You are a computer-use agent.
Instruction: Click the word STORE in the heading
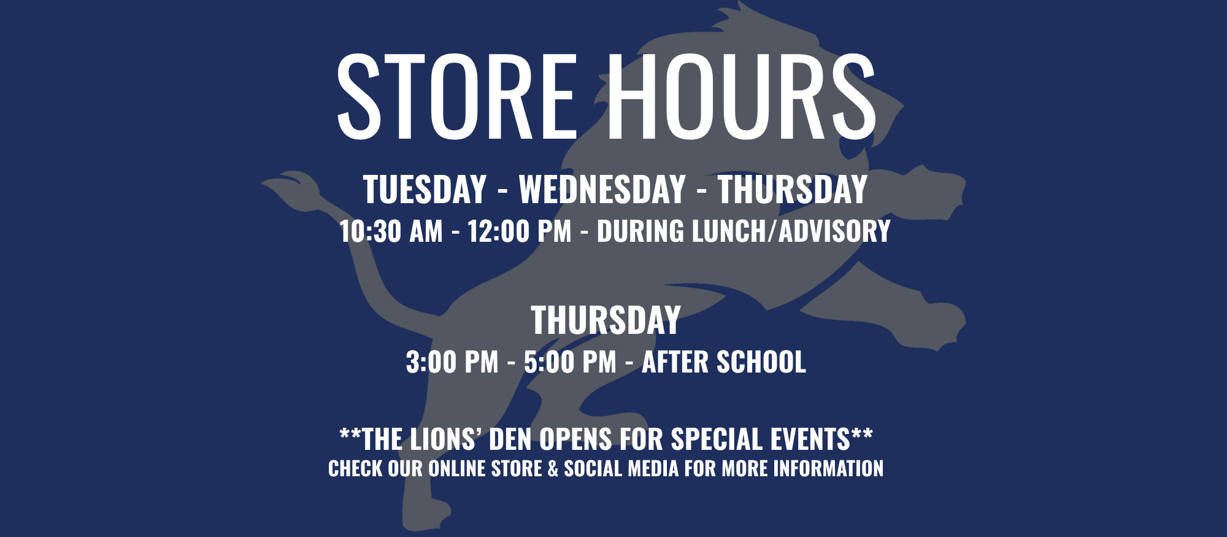tap(457, 96)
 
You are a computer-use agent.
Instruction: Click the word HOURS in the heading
tap(742, 96)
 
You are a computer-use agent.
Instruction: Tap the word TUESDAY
tap(425, 189)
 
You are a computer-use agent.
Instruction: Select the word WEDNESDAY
tap(602, 189)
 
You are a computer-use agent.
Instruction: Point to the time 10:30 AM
tap(391, 231)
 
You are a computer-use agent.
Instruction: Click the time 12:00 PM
tap(520, 231)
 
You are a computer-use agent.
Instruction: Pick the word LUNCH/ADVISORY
tap(791, 231)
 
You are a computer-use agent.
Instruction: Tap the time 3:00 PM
tap(452, 362)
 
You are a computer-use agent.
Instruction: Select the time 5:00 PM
tap(570, 362)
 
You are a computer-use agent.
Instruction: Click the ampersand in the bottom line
tap(553, 469)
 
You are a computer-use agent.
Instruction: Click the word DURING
tap(640, 231)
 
